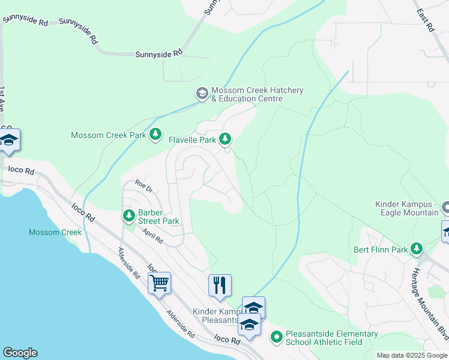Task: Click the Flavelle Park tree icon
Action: click(225, 139)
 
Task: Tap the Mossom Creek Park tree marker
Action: click(155, 134)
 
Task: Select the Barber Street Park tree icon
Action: click(128, 215)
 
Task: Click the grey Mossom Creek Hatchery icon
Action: click(202, 94)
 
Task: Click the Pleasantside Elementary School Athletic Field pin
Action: click(276, 337)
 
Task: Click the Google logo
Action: click(20, 353)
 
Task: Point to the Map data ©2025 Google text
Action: click(411, 355)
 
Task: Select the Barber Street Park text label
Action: click(159, 217)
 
